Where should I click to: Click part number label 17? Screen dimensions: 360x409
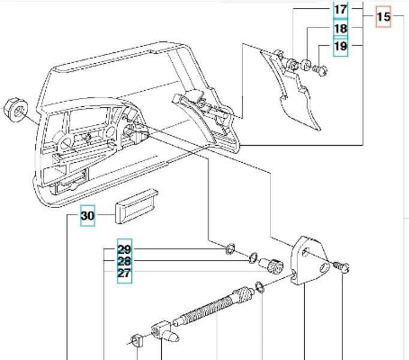coord(340,10)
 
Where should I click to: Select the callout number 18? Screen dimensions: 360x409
coord(340,28)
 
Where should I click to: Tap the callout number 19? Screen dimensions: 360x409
coord(340,47)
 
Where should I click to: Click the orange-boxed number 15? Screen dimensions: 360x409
coord(384,17)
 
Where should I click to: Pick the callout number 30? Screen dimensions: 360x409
coord(88,215)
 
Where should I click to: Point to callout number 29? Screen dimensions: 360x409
coord(124,249)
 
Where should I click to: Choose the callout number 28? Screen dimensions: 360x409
coord(124,262)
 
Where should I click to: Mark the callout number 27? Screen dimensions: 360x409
coord(124,274)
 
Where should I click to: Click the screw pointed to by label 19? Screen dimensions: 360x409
coord(321,70)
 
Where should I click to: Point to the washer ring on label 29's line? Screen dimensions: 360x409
coord(229,249)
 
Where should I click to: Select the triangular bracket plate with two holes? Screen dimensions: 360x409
coord(312,261)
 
